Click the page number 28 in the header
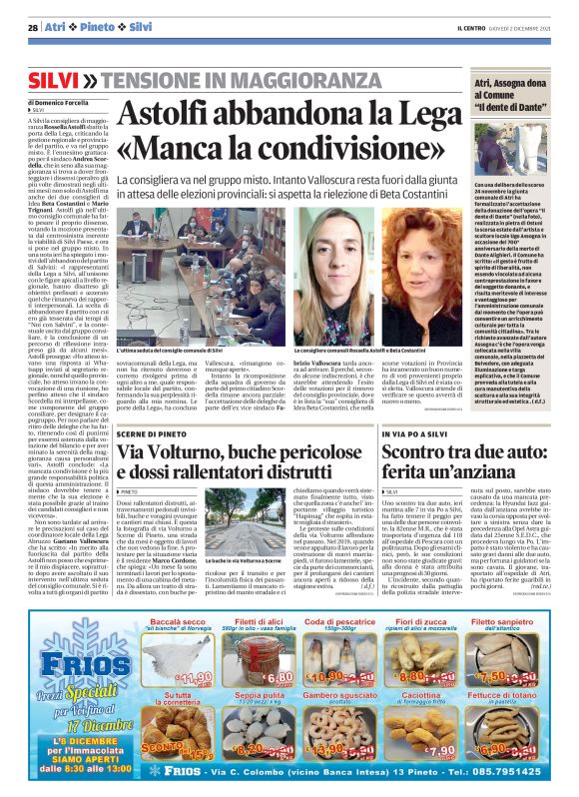click(x=33, y=27)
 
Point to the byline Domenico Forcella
click(x=65, y=102)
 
